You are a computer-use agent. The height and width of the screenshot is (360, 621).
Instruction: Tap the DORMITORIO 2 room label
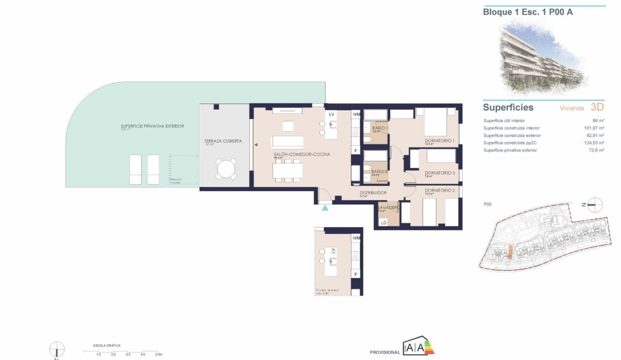[x=439, y=190]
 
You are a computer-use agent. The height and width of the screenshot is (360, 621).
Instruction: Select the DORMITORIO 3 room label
[x=439, y=173]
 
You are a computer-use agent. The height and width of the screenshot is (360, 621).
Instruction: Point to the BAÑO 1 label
[x=379, y=128]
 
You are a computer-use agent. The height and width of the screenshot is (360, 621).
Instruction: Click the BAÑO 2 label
[x=379, y=172]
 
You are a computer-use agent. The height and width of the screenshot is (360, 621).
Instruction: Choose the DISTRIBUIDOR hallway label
[x=373, y=193]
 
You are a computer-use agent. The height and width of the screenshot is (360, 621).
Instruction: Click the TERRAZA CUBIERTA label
[x=223, y=141]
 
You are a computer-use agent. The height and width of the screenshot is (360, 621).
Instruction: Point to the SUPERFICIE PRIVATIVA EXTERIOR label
[x=152, y=126]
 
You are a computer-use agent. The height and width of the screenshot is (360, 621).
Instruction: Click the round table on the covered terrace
[x=225, y=170]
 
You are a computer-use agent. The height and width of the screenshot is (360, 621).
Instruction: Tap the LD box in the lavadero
[x=383, y=222]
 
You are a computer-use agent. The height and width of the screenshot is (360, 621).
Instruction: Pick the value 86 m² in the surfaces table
[x=598, y=120]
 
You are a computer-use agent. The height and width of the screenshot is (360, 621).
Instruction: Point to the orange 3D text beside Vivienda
[x=597, y=107]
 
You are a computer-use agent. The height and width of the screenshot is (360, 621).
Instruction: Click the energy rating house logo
[x=418, y=347]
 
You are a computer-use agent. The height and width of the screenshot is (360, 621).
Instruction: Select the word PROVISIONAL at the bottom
[x=384, y=352]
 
